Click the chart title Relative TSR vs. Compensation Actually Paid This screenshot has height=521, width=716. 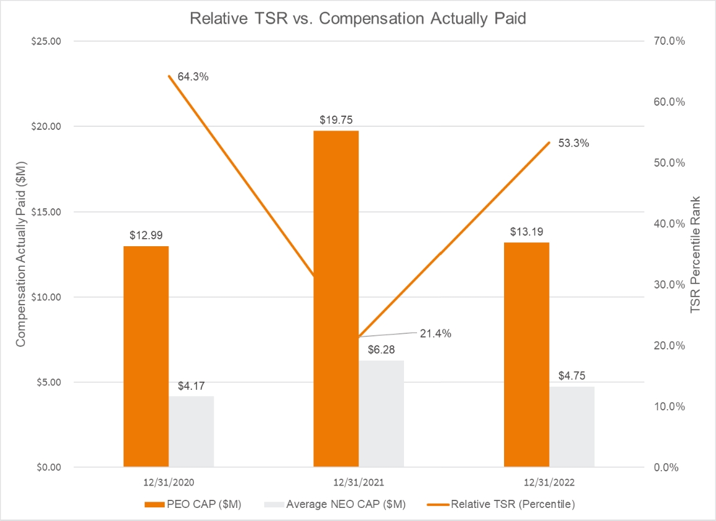358,19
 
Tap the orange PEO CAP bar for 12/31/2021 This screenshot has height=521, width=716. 336,298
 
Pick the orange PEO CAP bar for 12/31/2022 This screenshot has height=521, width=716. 526,354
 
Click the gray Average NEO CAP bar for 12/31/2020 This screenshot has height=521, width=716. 191,431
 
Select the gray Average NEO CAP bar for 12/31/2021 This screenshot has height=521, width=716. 381,413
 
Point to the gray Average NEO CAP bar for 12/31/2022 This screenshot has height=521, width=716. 572,426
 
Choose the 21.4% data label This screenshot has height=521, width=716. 436,333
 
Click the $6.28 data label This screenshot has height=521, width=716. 382,350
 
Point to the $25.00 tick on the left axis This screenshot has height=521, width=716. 47,41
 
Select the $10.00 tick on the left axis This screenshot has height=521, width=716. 47,297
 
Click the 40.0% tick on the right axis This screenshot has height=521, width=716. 668,224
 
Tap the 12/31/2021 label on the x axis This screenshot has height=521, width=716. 358,482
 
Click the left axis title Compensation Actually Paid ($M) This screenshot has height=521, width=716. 21,254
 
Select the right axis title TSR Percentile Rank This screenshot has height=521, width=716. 695,254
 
